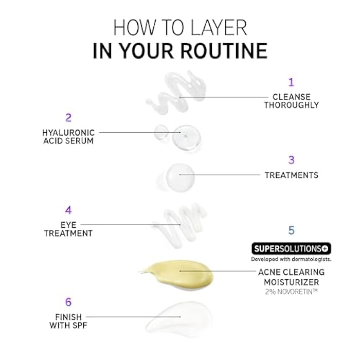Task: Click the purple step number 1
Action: (291, 82)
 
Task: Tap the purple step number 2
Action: (68, 117)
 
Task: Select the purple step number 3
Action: (291, 160)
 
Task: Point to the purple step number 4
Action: (68, 210)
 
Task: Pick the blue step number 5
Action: (291, 230)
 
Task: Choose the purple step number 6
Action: (68, 302)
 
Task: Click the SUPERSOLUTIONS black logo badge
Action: (291, 249)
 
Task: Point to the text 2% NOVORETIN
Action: (291, 292)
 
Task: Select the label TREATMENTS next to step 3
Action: (291, 175)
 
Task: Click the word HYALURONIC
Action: (68, 132)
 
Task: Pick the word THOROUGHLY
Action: (291, 105)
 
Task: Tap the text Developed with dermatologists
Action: (291, 259)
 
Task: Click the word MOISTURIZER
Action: (291, 282)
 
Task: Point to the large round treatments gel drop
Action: (178, 175)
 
